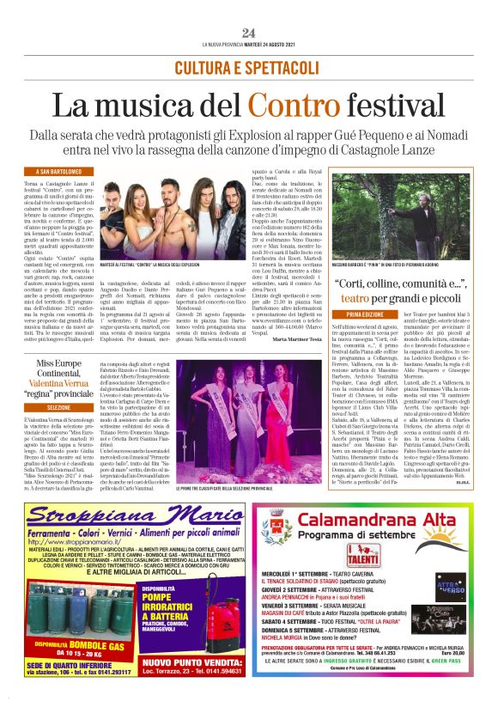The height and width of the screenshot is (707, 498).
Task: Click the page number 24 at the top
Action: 248,33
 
